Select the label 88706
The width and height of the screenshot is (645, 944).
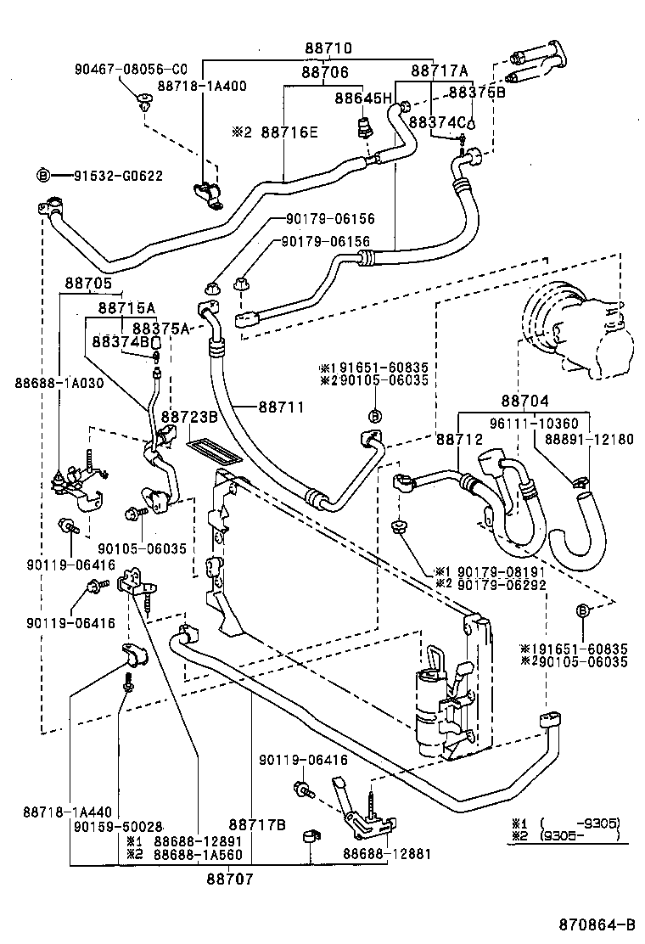pyautogui.click(x=324, y=74)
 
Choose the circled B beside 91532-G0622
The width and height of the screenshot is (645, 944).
pyautogui.click(x=43, y=176)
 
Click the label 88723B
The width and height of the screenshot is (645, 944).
pyautogui.click(x=189, y=417)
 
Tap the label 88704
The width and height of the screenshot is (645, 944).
pyautogui.click(x=524, y=400)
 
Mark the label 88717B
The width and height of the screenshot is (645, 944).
pyautogui.click(x=255, y=824)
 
